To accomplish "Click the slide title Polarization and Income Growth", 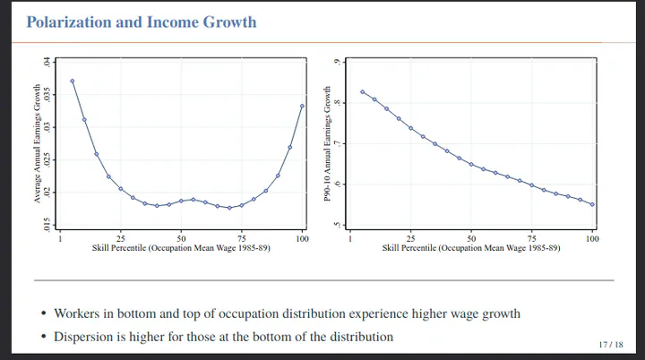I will point(142,21).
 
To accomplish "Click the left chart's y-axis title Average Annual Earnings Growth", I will point(38,143).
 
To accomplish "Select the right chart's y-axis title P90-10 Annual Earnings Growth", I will point(328,143).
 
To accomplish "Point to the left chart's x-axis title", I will point(181,247).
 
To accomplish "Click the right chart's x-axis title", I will point(471,247).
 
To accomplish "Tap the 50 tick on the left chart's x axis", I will point(181,237).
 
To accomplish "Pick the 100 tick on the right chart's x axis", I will point(592,237).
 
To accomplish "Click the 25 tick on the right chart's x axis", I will point(411,237).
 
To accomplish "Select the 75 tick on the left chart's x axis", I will point(242,237).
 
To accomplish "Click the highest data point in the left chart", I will point(73,81).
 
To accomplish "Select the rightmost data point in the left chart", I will point(302,106).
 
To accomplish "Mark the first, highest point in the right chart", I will point(363,91).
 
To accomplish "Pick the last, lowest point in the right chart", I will point(592,204).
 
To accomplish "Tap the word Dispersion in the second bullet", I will point(85,337).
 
